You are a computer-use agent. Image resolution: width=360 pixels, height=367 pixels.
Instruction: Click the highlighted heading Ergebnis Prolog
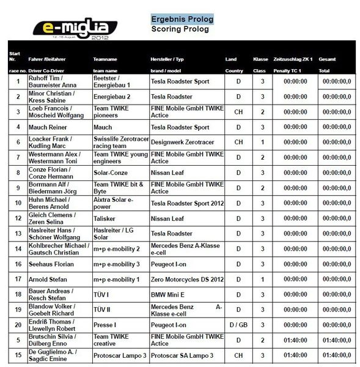click(x=182, y=19)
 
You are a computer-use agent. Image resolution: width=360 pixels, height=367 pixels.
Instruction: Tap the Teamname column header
click(x=105, y=59)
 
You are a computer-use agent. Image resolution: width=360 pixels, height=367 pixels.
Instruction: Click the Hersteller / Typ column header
click(x=167, y=59)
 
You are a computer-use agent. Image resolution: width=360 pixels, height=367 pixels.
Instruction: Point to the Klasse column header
click(x=261, y=59)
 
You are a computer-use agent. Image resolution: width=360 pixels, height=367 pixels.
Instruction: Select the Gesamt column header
click(x=327, y=59)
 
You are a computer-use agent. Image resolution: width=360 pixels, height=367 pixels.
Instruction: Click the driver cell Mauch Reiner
click(x=48, y=127)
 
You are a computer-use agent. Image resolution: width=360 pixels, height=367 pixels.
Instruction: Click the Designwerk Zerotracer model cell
click(x=179, y=143)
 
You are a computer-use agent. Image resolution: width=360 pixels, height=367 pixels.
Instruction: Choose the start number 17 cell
click(x=18, y=279)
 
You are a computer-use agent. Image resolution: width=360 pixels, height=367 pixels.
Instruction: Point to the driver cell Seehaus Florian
click(x=51, y=264)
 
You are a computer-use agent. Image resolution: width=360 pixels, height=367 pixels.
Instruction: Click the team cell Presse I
click(x=105, y=324)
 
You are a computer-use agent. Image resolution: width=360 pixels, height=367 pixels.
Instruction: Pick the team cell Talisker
click(x=105, y=218)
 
